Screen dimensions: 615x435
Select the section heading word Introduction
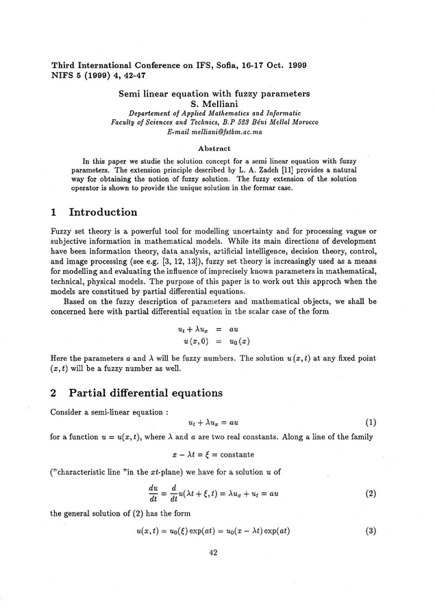pyautogui.click(x=103, y=212)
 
